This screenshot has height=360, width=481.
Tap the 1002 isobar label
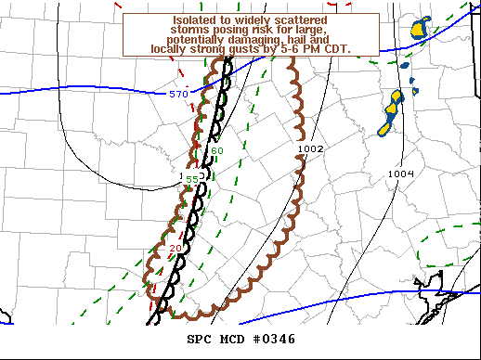[x=309, y=148]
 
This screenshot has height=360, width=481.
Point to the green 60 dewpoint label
[x=217, y=151]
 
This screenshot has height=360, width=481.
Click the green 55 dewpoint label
[x=192, y=179]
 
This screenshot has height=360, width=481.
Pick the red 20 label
[x=175, y=248]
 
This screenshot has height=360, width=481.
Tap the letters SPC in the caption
[x=199, y=340]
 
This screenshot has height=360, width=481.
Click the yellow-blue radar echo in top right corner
[x=420, y=28]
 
